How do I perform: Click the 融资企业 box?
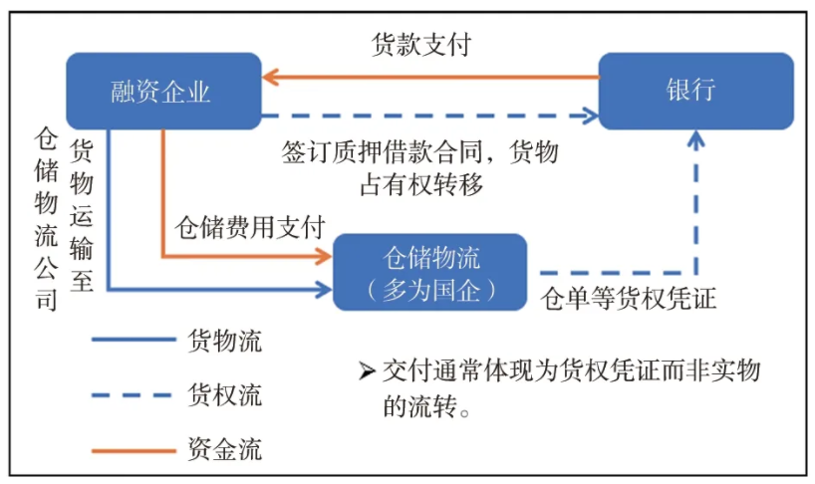(162, 91)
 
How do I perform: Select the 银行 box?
(694, 91)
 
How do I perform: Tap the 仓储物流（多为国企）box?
(429, 272)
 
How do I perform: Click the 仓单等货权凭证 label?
(628, 299)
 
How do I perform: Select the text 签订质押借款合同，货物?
(419, 153)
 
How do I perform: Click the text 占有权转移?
(419, 183)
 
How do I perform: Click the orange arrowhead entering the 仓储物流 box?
(324, 257)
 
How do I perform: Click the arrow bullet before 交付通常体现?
(366, 371)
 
